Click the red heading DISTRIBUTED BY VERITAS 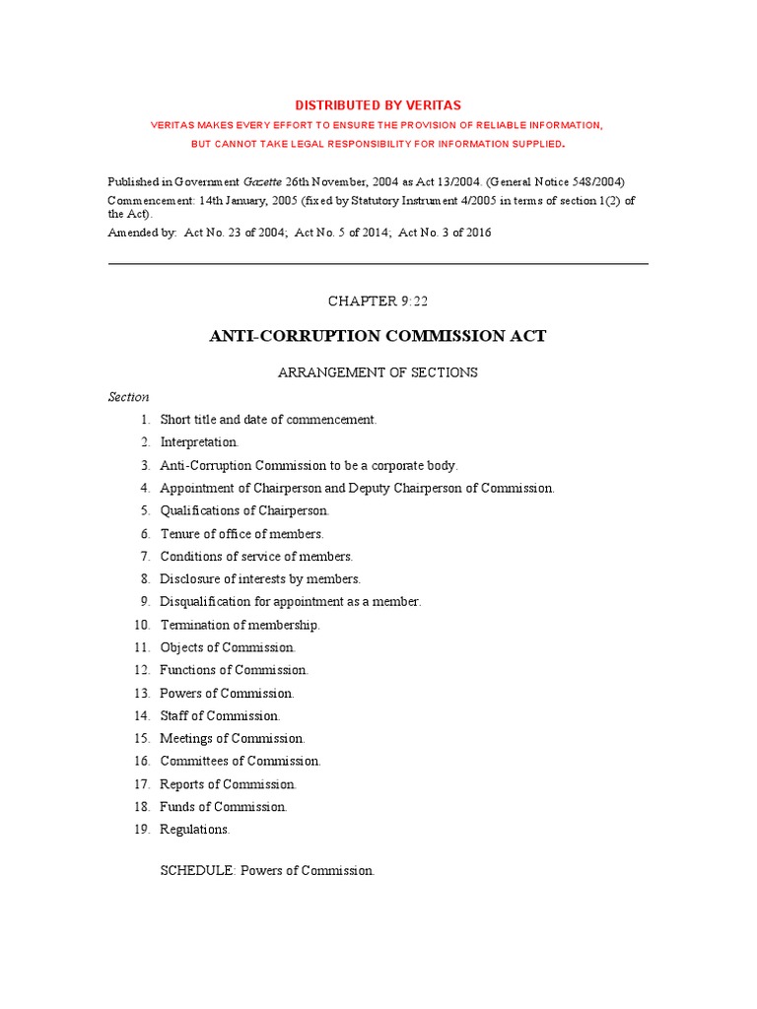tap(378, 105)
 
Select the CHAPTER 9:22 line tap(378, 302)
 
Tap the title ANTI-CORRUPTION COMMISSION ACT tap(378, 336)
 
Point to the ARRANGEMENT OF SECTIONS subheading tap(378, 372)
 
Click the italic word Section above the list tap(128, 397)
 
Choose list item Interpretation tap(199, 442)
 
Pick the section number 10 tap(142, 625)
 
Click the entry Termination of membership tap(240, 625)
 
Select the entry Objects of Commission tap(228, 647)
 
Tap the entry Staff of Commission tap(220, 716)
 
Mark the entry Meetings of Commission tap(233, 739)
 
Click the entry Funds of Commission tap(224, 807)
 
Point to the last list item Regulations tap(195, 830)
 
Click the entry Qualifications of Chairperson tap(244, 510)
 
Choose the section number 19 tap(142, 830)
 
